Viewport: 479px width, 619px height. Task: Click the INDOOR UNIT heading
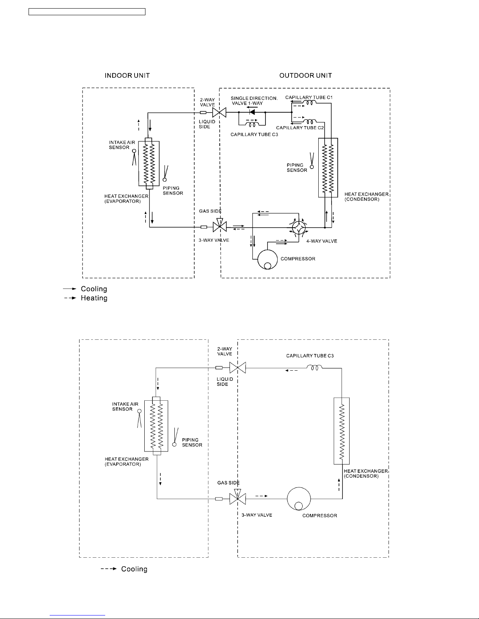point(127,75)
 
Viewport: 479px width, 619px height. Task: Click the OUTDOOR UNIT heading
point(305,75)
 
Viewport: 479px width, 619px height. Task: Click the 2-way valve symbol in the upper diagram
point(219,112)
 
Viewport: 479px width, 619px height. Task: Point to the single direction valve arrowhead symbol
point(252,112)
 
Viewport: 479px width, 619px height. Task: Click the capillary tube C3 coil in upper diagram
point(252,125)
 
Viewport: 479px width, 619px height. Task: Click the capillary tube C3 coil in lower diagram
point(314,368)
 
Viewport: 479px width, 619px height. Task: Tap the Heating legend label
point(94,298)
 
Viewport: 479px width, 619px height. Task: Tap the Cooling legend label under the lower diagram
point(134,569)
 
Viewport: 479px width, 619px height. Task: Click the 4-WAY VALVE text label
point(321,241)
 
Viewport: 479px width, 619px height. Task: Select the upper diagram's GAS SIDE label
point(210,211)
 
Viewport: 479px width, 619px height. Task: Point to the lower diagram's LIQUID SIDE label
point(225,382)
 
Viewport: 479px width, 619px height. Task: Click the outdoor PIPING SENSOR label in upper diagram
point(297,168)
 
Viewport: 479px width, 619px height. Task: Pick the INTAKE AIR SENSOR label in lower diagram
point(125,407)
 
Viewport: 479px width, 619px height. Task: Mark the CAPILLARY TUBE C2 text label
point(300,128)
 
